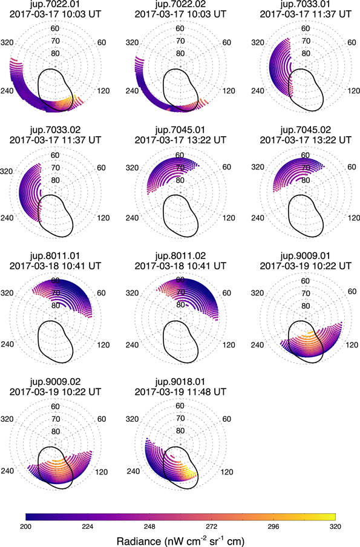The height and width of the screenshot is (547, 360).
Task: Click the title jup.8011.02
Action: point(179,256)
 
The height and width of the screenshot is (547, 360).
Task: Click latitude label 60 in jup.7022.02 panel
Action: point(179,29)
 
